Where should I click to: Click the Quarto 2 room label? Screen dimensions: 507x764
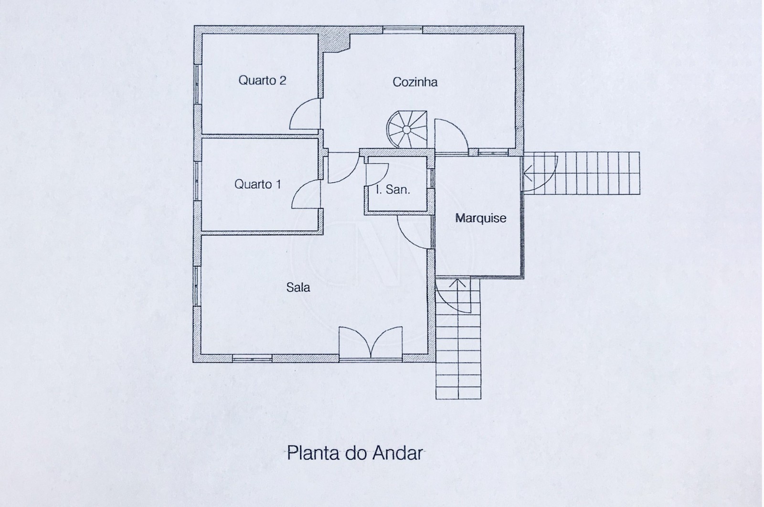[262, 80]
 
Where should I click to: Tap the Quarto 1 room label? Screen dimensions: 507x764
[257, 184]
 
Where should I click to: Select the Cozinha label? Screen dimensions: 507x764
[414, 82]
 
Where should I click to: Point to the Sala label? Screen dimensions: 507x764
[298, 287]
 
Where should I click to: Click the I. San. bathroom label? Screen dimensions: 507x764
[393, 190]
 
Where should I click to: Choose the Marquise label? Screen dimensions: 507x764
[480, 218]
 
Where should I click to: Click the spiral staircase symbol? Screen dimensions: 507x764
[406, 129]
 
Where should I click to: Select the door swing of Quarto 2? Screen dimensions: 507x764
[305, 115]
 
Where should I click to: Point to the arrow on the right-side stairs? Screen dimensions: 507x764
[528, 173]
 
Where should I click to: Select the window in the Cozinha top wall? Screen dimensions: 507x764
[403, 30]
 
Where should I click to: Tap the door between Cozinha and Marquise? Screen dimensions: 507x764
[451, 136]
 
